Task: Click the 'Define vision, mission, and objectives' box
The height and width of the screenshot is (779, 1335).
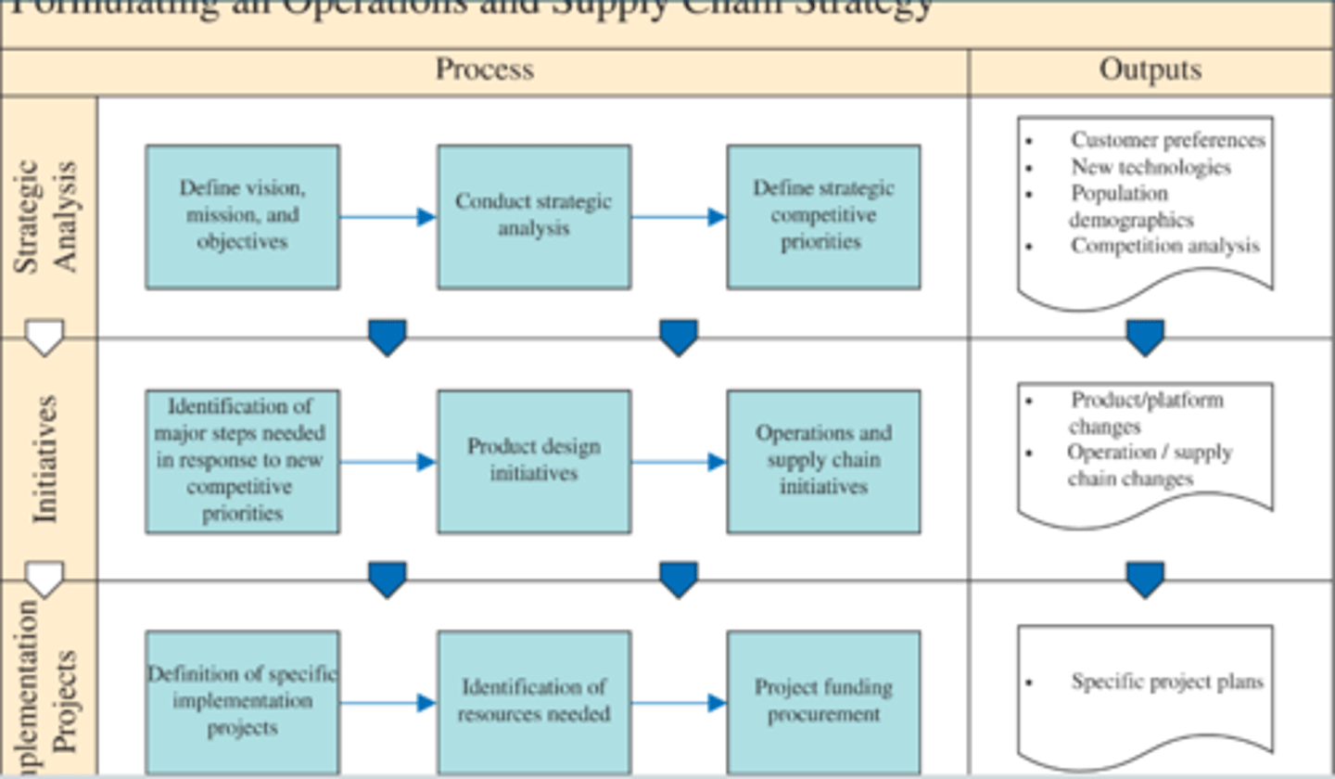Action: coord(242,216)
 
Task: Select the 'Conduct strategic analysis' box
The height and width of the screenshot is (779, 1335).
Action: coord(534,216)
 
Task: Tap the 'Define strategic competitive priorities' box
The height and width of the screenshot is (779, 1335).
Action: coord(823,216)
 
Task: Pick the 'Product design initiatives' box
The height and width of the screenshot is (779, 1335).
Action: coord(534,461)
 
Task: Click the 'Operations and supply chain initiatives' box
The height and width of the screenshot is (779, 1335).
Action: coord(823,461)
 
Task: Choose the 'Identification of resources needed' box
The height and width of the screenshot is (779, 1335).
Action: coord(534,702)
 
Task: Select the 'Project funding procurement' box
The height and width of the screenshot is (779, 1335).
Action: coord(823,702)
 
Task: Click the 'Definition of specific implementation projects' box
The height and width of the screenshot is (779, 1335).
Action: coord(242,702)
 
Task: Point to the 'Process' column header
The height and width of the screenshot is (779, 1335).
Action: coord(485,70)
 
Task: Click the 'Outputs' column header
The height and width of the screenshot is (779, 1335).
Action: coord(1151,70)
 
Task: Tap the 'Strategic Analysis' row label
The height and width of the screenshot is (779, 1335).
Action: coord(48,217)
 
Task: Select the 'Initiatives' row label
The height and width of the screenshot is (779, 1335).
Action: coord(46,459)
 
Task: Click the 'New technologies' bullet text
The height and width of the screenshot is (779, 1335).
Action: coord(1151,168)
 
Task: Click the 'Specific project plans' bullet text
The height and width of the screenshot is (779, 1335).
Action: coord(1166,682)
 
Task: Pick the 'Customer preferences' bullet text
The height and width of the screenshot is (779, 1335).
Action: coord(1167,140)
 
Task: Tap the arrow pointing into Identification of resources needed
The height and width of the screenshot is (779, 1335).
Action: coord(388,703)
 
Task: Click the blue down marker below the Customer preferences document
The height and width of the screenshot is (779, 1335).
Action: coord(1145,338)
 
